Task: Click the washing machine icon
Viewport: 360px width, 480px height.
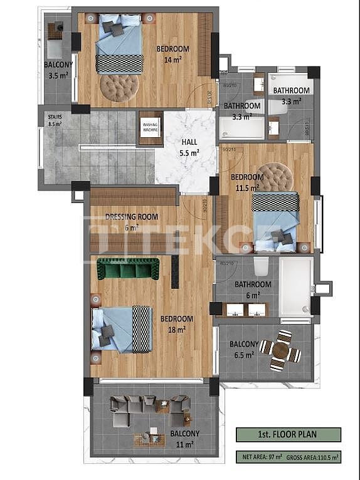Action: tap(151, 128)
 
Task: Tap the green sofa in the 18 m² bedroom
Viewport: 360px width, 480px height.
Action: tap(128, 269)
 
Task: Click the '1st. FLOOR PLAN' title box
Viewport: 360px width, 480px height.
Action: tap(289, 434)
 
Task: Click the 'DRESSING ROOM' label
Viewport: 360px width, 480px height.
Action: tap(132, 217)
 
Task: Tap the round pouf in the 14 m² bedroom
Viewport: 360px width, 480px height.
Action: tap(119, 87)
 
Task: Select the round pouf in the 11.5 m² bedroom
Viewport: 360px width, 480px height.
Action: tap(275, 177)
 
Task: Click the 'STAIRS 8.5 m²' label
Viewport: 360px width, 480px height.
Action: tap(55, 120)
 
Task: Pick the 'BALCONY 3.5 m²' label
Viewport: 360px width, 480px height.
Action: tap(58, 69)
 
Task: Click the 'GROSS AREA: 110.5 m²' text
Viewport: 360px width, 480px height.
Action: tap(313, 458)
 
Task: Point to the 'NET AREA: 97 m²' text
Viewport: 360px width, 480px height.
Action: tap(259, 458)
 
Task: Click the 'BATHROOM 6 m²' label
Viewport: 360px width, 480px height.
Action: tap(253, 289)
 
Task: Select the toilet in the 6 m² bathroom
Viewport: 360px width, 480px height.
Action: tap(262, 267)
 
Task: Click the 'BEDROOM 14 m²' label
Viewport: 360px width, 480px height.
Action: tap(172, 55)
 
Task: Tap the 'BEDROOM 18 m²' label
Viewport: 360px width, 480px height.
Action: tap(176, 323)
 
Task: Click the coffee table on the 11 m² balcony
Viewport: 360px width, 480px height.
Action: tap(162, 407)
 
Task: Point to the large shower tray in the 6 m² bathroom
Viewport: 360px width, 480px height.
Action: tap(295, 287)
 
